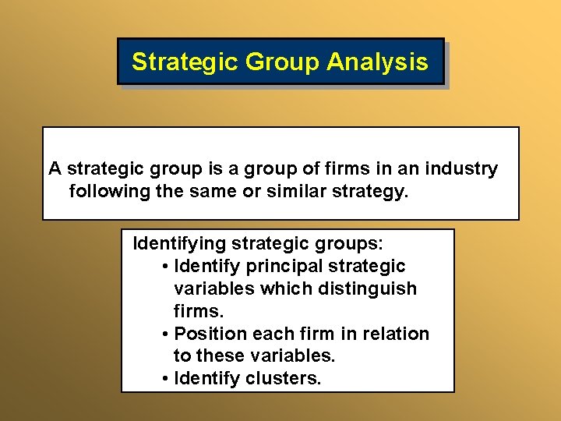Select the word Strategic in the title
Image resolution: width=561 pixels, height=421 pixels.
pos(185,62)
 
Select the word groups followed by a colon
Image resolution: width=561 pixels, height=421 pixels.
pos(349,243)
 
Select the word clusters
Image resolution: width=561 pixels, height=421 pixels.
pos(284,379)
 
